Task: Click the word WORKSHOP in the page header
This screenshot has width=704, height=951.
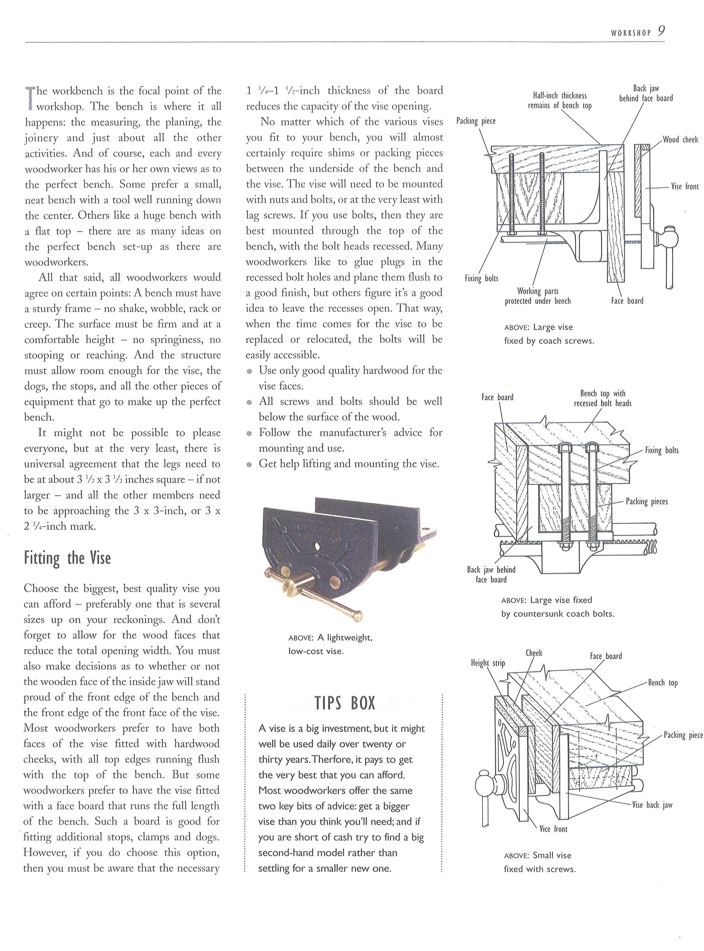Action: [x=631, y=33]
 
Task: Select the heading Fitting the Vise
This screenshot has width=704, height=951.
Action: [x=67, y=558]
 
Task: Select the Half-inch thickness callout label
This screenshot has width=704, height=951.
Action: [x=559, y=101]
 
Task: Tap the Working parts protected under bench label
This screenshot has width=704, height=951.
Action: [x=537, y=296]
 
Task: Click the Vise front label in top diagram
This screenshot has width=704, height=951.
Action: [x=685, y=186]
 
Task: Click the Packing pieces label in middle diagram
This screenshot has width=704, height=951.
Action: [x=646, y=501]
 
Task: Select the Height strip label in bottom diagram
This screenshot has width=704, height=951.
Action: [x=488, y=663]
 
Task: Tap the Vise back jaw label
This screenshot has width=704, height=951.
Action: [x=652, y=805]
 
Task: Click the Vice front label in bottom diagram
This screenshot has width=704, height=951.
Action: [x=553, y=829]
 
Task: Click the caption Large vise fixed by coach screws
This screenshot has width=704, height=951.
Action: [x=548, y=334]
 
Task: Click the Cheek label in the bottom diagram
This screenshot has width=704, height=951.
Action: [x=534, y=653]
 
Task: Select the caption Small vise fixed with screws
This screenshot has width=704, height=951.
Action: [x=539, y=862]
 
